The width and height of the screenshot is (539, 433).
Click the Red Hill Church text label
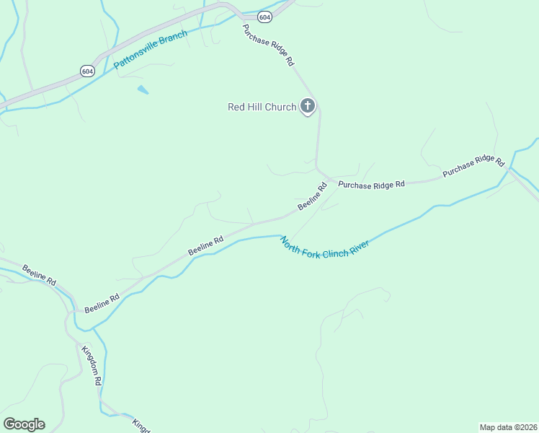262,107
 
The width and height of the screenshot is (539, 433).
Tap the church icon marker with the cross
308,107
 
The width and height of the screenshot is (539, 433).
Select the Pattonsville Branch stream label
150,50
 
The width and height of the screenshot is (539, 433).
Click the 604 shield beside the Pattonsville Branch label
87,71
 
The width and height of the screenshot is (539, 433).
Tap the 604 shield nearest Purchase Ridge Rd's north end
264,17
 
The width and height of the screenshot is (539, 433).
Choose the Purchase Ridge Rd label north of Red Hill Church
268,45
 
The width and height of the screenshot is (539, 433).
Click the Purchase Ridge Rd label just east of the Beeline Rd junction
372,185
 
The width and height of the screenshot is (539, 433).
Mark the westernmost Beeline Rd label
39,276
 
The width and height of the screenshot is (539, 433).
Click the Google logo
24,424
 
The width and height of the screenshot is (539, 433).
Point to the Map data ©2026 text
508,427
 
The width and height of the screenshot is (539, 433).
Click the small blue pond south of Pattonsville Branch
143,90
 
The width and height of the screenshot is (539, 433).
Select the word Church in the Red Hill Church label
280,107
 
